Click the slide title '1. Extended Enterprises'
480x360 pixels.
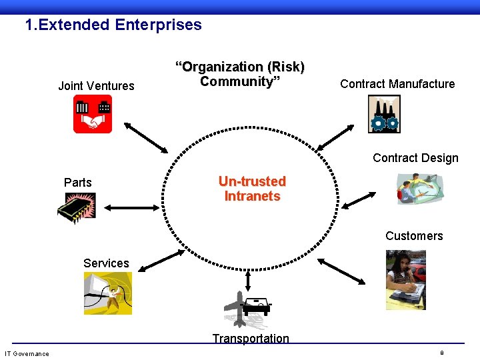[113, 25]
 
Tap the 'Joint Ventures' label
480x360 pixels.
[96, 85]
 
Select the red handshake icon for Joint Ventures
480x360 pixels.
[93, 114]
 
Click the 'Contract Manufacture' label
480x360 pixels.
[397, 84]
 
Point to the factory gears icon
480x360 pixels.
[383, 114]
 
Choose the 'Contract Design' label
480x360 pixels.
[415, 158]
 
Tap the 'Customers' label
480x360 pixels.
[414, 236]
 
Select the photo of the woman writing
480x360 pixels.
[405, 279]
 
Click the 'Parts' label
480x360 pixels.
[78, 183]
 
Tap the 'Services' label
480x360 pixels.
[106, 263]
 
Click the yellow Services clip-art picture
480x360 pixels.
[107, 293]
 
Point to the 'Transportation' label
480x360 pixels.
[251, 339]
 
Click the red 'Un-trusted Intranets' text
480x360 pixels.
[252, 189]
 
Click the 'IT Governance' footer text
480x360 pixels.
[27, 353]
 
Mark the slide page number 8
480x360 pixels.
[442, 352]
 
